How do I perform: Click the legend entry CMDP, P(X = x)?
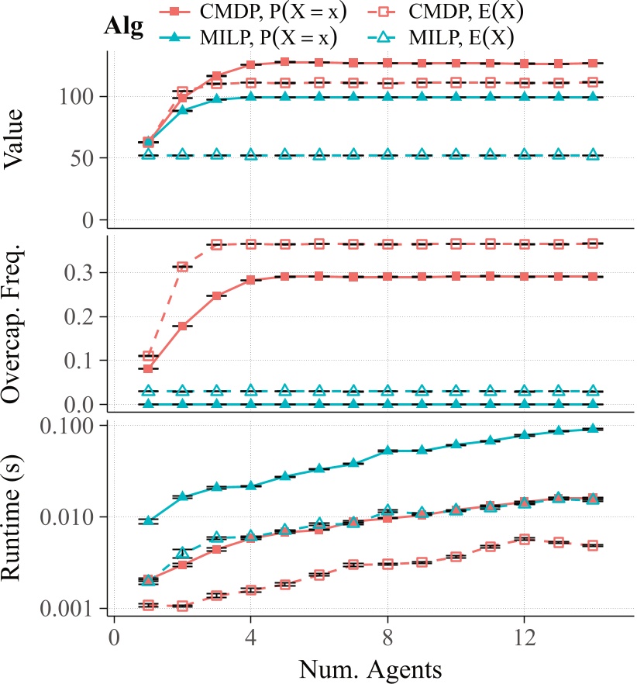tap(255, 12)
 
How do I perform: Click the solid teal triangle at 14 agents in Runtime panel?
tap(593, 428)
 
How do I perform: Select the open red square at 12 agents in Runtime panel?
tap(525, 539)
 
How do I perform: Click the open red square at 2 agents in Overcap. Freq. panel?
tap(183, 267)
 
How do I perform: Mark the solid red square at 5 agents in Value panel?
tap(285, 62)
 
